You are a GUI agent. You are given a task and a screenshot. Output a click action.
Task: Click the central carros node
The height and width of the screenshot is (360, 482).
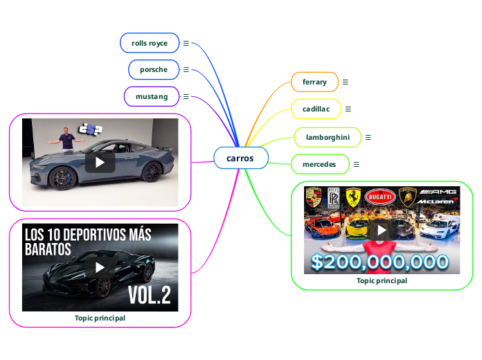(240, 159)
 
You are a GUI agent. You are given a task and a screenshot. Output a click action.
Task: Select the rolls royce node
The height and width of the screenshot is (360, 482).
(150, 43)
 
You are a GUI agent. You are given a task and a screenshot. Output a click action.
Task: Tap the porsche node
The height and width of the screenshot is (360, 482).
(154, 70)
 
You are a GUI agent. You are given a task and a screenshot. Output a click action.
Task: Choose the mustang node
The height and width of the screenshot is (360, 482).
(152, 96)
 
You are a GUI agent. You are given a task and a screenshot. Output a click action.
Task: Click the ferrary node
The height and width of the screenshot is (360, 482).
(314, 82)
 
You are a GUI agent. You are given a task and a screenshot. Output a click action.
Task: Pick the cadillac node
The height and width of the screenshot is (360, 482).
(316, 109)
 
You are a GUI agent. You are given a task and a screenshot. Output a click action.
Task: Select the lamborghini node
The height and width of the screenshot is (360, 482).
(328, 138)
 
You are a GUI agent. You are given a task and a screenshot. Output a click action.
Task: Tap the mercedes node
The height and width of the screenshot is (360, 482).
(319, 164)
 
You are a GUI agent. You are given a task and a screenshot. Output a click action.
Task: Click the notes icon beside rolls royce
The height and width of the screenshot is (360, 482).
(186, 43)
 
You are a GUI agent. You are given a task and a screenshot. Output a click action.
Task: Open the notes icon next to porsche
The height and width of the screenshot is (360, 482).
(186, 70)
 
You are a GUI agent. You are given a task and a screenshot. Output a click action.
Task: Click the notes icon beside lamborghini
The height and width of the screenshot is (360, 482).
(368, 138)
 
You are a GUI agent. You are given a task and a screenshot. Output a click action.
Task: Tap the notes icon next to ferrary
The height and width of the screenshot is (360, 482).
(345, 82)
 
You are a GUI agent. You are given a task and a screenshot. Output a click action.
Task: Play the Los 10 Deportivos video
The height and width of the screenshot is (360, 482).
(100, 267)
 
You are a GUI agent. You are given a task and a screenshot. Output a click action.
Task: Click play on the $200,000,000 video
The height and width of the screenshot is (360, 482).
(382, 229)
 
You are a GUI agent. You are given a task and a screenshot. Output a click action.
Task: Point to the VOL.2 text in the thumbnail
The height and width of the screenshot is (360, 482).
(149, 296)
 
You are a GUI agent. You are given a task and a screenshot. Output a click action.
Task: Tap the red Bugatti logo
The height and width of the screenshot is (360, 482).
(379, 197)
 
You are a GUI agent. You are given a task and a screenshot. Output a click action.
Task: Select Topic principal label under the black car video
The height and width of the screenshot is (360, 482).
(100, 318)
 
